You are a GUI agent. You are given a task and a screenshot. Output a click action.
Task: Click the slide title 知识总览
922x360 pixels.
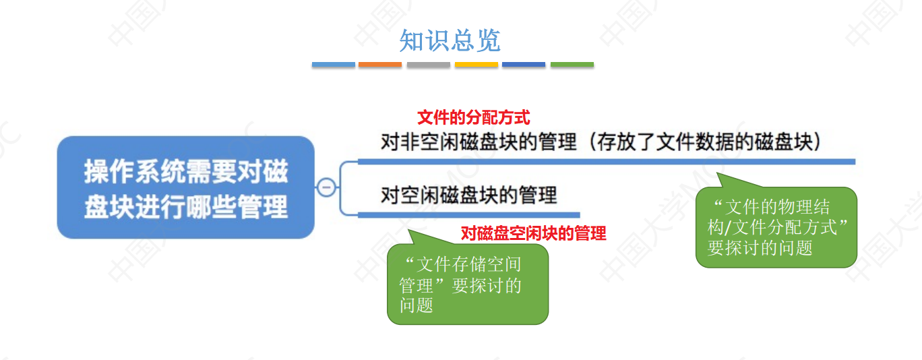[450, 41]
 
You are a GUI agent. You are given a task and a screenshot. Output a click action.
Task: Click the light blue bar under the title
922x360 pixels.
[333, 65]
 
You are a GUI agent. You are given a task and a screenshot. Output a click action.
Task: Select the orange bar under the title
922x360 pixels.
[380, 65]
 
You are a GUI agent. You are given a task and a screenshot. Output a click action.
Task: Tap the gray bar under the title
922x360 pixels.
[428, 65]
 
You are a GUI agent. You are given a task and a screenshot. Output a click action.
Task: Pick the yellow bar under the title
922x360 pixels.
[477, 65]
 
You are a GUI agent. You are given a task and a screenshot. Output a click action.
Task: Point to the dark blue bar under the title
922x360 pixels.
[524, 65]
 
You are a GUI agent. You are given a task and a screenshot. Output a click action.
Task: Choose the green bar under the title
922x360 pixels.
[572, 65]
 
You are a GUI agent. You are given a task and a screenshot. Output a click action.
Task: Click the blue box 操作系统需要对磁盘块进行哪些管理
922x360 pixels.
[185, 187]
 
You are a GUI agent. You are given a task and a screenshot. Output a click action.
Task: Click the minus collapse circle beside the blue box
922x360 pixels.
[326, 187]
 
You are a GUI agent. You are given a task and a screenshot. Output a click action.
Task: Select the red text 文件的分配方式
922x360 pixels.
[474, 118]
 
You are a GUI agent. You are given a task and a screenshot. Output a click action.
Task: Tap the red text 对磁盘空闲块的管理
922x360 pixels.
[533, 234]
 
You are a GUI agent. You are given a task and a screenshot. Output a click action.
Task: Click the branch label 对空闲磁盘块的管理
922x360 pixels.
[469, 196]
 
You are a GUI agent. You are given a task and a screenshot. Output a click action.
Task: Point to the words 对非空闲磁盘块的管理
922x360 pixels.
[479, 143]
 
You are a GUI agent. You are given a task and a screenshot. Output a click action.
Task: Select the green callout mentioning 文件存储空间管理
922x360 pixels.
[467, 284]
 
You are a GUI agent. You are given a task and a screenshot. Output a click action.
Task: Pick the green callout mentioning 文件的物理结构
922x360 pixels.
[776, 227]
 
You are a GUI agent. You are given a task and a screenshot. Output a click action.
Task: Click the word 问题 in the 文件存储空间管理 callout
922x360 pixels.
[416, 305]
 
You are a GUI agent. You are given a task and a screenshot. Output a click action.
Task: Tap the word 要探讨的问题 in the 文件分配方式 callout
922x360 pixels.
[760, 247]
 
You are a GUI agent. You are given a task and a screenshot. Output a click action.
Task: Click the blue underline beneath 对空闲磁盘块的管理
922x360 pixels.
[468, 214]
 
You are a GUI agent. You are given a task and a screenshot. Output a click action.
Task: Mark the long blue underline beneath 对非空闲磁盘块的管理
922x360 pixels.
[606, 162]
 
